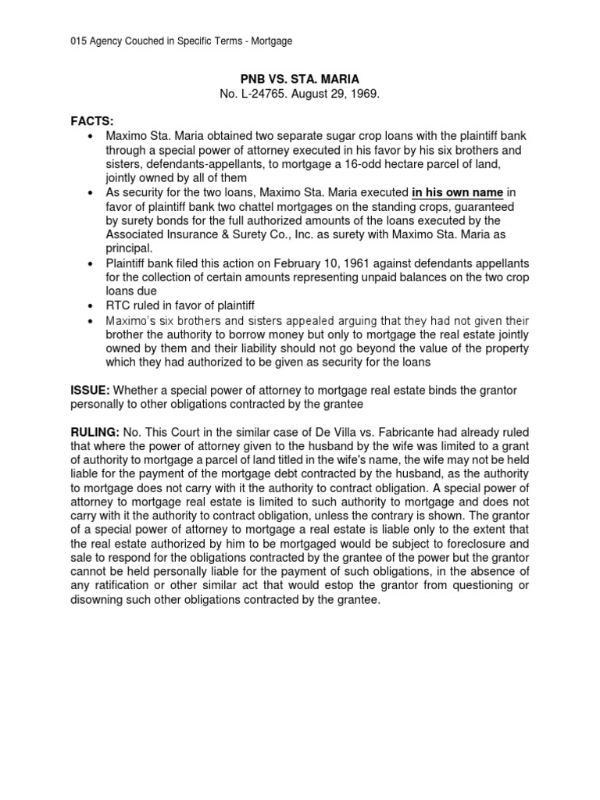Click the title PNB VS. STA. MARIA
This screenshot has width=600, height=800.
pyautogui.click(x=300, y=78)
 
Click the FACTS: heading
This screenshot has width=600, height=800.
pyautogui.click(x=92, y=122)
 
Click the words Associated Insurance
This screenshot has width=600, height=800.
pyautogui.click(x=163, y=234)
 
